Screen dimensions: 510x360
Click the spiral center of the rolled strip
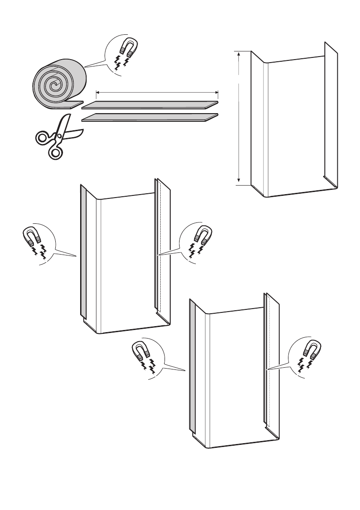tap(54, 86)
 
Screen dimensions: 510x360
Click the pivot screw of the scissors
tap(60, 136)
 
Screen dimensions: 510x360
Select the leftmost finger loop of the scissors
tap(43, 138)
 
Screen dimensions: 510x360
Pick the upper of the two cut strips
tap(150, 104)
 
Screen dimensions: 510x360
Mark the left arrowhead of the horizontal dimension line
tap(97, 91)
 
